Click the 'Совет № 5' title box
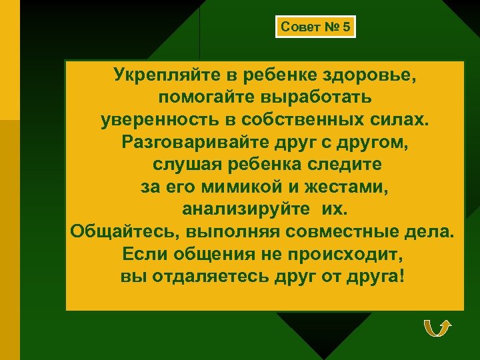pyautogui.click(x=315, y=27)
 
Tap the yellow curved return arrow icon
pyautogui.click(x=437, y=328)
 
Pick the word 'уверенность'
pyautogui.click(x=163, y=121)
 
